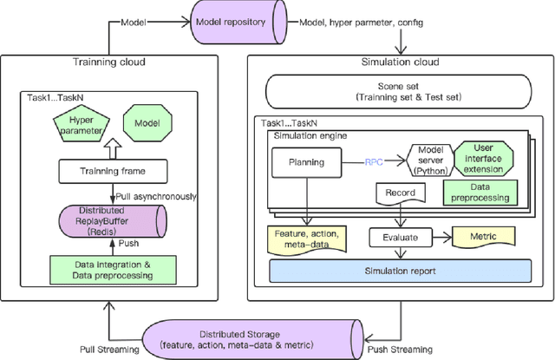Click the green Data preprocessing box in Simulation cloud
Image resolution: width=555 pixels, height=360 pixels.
(478, 193)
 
